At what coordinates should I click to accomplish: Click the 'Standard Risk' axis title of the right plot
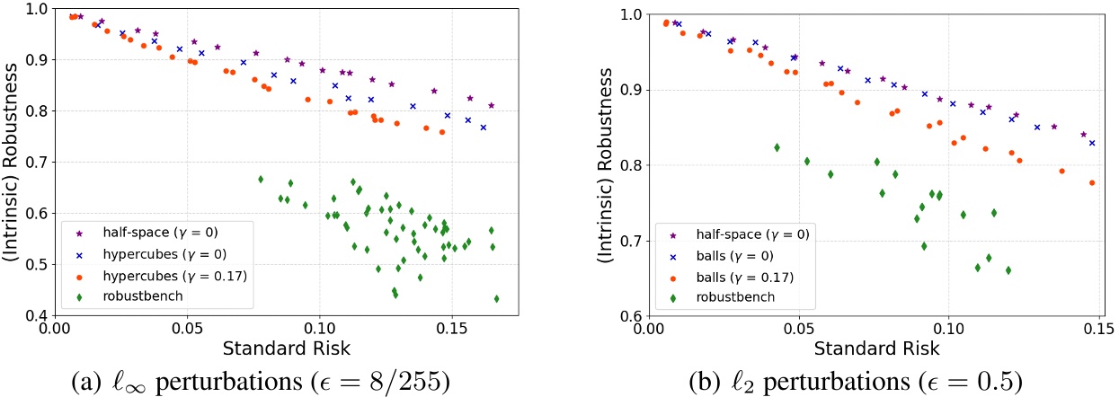[873, 347]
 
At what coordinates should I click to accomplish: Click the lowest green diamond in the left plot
[496, 298]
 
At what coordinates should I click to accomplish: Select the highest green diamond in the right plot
[777, 147]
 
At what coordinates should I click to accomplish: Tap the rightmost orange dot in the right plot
[1091, 182]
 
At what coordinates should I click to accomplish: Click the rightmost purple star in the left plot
[491, 105]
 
